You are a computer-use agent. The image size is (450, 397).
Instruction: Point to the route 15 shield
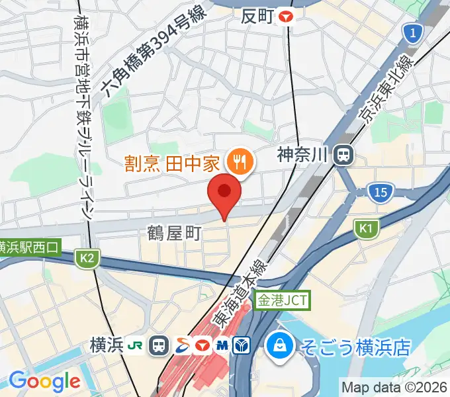(x=380, y=193)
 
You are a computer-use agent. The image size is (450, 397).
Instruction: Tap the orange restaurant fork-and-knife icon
(x=237, y=161)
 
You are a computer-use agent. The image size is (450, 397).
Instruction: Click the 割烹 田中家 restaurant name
(x=172, y=161)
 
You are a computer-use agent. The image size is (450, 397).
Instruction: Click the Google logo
(x=44, y=381)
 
